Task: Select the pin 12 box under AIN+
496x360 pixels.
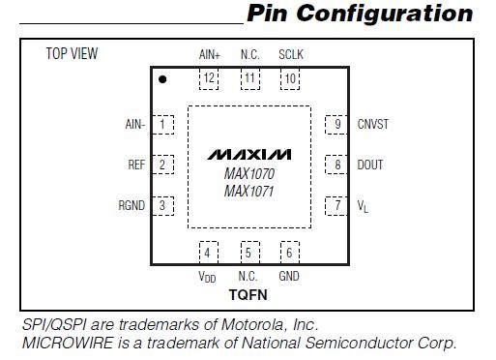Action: point(208,79)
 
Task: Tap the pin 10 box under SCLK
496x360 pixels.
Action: point(289,79)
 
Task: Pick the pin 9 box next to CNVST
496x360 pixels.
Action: point(335,124)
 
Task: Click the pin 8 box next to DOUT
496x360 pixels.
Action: point(335,165)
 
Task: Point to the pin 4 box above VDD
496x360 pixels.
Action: point(208,254)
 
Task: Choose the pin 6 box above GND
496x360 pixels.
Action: point(288,254)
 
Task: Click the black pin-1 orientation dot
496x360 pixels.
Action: point(163,79)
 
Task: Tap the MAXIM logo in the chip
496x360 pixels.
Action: point(248,155)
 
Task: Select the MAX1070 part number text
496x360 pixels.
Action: point(248,173)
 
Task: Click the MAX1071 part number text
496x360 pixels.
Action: point(248,191)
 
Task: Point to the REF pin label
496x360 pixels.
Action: point(136,165)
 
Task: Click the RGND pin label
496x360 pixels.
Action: point(131,205)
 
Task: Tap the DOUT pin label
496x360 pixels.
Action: point(370,165)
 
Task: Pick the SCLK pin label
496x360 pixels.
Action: point(290,54)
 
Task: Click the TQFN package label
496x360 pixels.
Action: point(248,292)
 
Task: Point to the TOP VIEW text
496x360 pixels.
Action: point(73,54)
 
